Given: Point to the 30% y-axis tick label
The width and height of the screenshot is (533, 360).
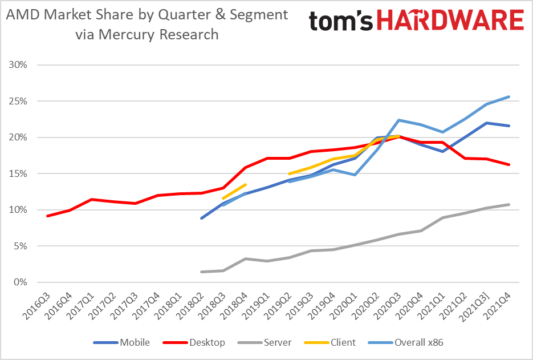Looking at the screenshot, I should coord(18,64).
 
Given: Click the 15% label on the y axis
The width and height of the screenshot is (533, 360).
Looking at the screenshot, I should coord(18,173).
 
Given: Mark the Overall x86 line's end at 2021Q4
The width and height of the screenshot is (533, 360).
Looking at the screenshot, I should coord(508,96).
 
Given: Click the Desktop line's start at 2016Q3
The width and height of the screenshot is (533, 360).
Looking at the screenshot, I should coord(47,216).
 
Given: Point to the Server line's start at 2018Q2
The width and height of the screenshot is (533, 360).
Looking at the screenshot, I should coord(201,272).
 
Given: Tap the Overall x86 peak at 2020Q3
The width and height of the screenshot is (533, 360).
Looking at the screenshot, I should coord(399,120).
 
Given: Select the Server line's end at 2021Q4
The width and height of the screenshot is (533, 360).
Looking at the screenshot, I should coord(508,204).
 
